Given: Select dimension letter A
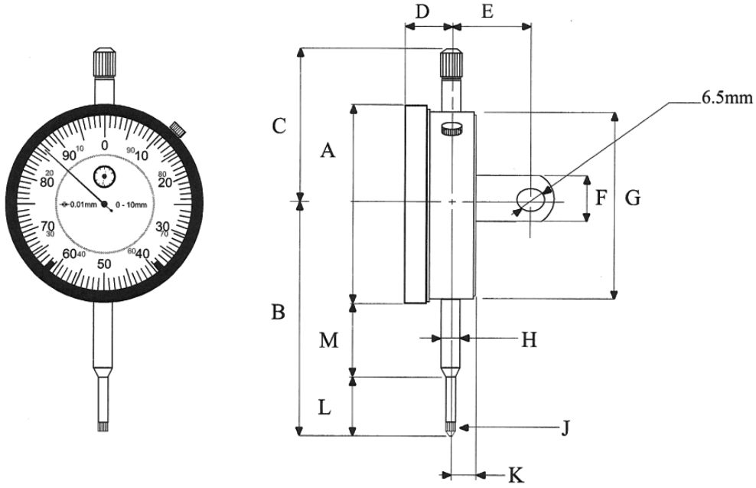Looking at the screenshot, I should [327, 151].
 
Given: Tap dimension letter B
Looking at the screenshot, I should [279, 312].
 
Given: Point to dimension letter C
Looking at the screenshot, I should [279, 125].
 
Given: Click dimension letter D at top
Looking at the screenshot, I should [422, 11].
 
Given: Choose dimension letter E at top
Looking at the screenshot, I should [485, 11].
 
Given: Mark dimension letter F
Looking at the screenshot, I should [601, 199].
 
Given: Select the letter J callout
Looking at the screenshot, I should [565, 427].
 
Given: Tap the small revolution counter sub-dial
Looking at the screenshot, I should [103, 177].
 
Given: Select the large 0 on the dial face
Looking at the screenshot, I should [105, 146].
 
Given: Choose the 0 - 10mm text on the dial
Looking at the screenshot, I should [133, 205].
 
